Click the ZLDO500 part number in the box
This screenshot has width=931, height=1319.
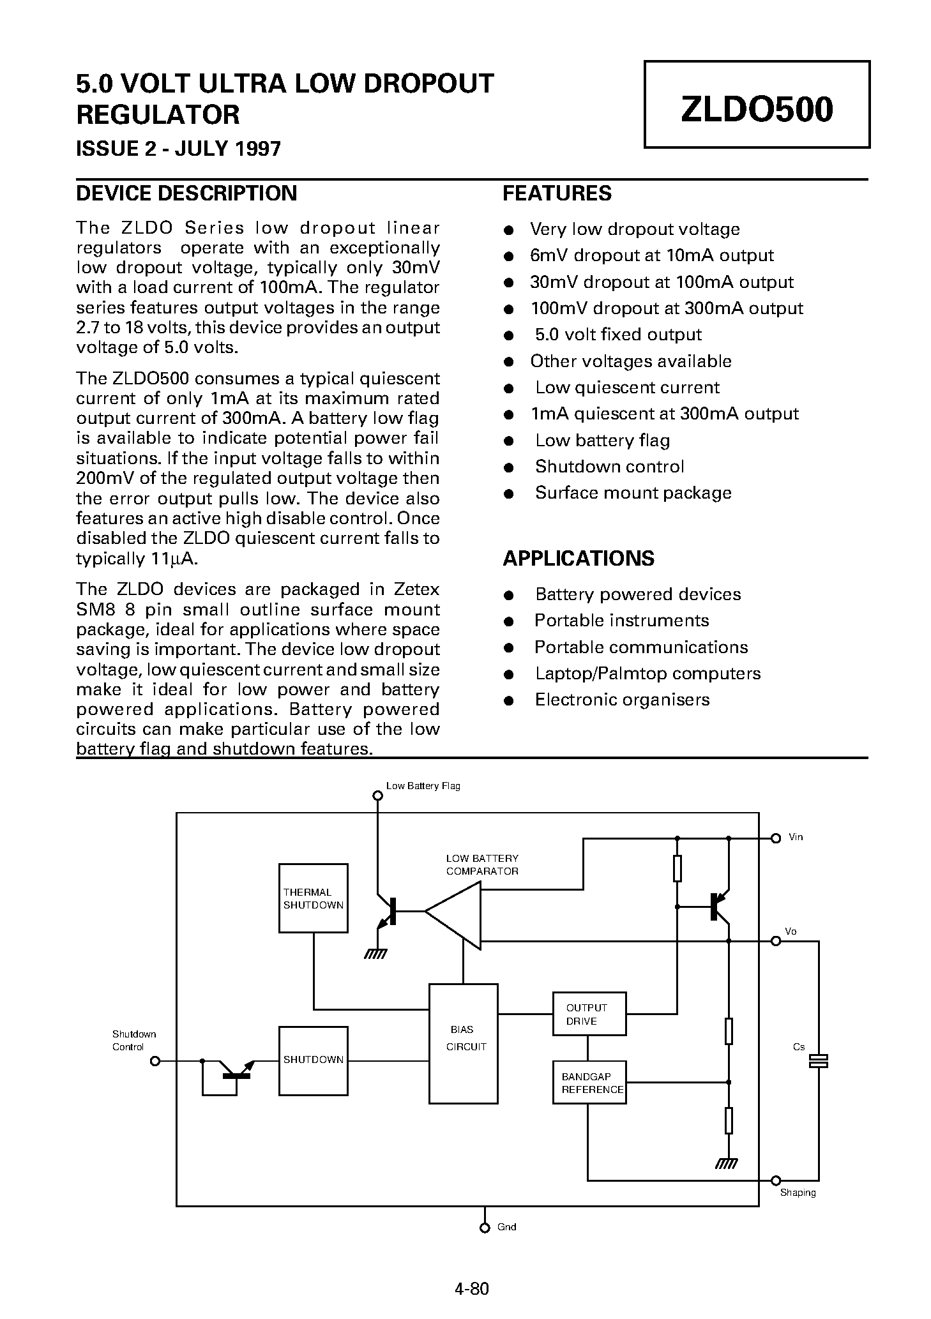[x=756, y=109]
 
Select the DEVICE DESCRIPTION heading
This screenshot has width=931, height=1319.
[x=186, y=193]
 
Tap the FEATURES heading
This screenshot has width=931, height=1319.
[x=556, y=193]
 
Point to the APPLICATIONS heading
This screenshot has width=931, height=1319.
[x=578, y=559]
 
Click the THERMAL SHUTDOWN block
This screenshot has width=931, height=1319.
[x=313, y=898]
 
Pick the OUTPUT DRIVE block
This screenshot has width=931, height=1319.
[x=588, y=1014]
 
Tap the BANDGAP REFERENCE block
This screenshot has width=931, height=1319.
[x=588, y=1083]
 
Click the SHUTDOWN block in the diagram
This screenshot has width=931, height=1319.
[x=313, y=1060]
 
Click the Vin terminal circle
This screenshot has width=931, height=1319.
[x=776, y=838]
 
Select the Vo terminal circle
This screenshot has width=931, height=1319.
[x=776, y=941]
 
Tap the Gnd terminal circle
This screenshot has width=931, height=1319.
[x=485, y=1227]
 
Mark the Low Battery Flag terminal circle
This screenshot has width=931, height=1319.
[x=377, y=796]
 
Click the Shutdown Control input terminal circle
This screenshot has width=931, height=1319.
[x=155, y=1061]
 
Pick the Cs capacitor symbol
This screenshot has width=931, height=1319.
[x=818, y=1060]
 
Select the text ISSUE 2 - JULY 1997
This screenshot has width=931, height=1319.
[x=178, y=149]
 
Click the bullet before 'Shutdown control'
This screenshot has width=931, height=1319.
[x=509, y=467]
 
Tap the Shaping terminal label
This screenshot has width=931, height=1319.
[x=798, y=1192]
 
